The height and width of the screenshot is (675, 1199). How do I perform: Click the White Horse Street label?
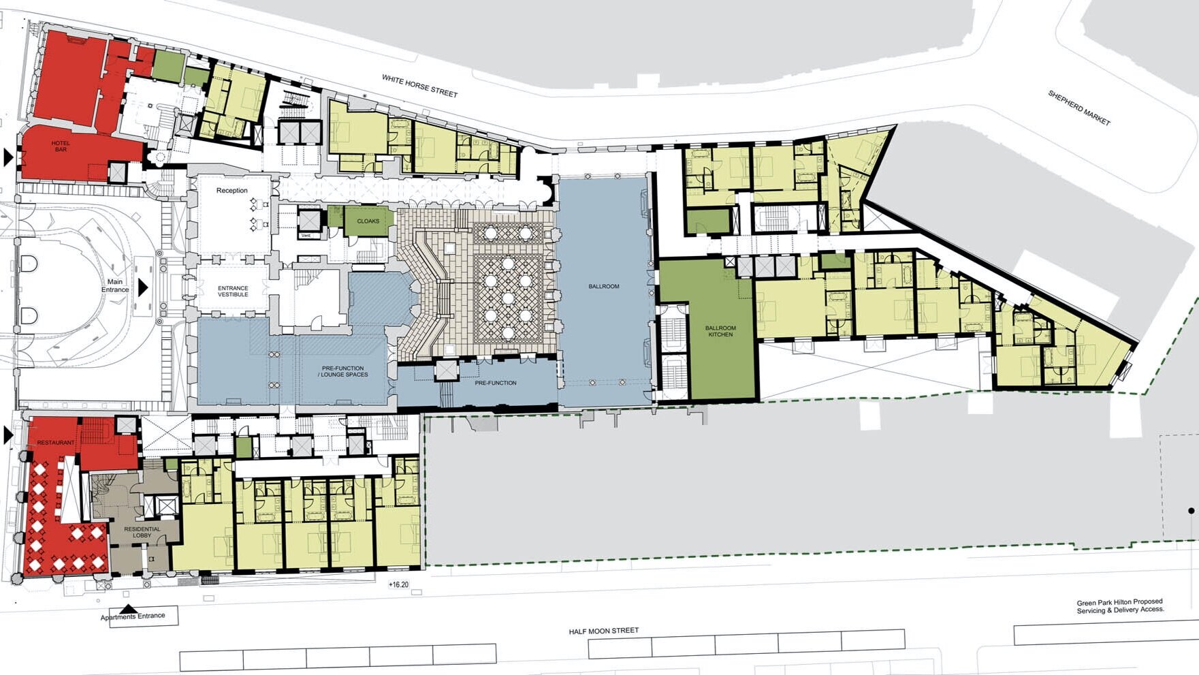[419, 86]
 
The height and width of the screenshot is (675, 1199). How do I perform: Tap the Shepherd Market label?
[1078, 108]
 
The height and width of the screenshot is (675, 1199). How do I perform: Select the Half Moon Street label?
[604, 631]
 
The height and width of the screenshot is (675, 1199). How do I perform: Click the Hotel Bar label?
[61, 146]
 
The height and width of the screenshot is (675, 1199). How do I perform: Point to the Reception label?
[232, 191]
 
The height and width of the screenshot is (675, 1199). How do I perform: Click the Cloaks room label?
[368, 221]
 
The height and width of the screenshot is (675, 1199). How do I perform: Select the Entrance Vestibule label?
[233, 292]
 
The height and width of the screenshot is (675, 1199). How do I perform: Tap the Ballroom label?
[604, 287]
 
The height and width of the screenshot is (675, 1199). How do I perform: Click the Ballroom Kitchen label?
[720, 331]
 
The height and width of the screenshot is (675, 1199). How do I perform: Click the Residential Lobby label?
[142, 532]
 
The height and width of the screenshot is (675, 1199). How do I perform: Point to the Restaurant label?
[56, 443]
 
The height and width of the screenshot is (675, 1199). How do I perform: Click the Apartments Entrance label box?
[144, 616]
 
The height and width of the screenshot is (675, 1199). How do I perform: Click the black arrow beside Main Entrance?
[143, 287]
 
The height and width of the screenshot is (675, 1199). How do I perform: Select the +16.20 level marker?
[398, 584]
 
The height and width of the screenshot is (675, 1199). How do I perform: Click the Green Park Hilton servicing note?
[1120, 606]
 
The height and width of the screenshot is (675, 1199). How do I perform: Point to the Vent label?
[306, 236]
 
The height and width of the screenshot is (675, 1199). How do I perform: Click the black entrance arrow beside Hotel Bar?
[8, 158]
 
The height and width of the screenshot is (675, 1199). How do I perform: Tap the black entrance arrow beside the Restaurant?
[8, 435]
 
